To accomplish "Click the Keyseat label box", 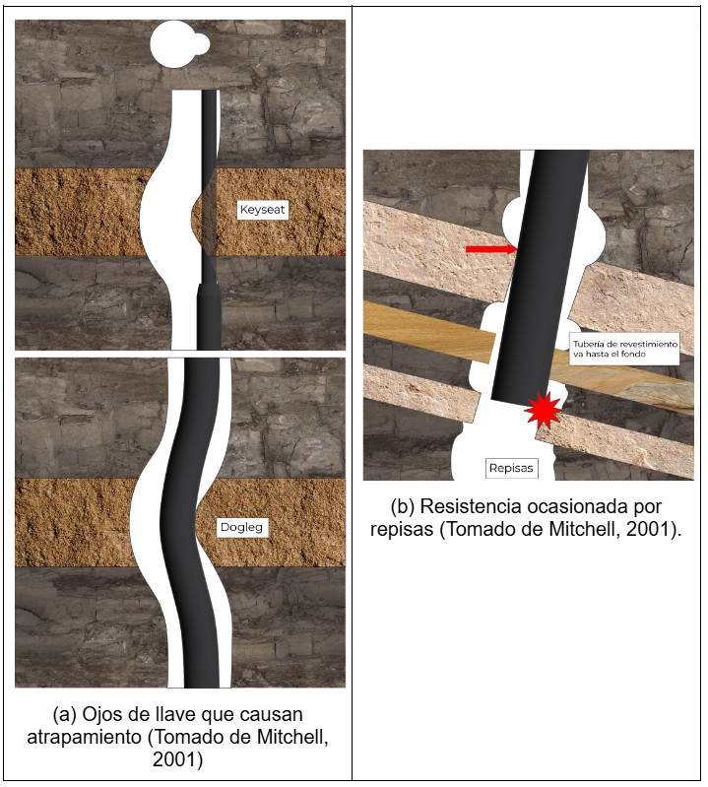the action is point(263,209).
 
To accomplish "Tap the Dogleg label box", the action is point(242,528).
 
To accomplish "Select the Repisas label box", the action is point(511,468).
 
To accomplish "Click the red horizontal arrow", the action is point(490,249).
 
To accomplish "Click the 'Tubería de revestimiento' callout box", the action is point(624,349).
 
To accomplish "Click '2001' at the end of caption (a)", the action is point(174,759).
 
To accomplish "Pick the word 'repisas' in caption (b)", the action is point(402,529).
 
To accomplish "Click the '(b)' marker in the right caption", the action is point(403,507).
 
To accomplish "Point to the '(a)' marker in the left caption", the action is point(65,715).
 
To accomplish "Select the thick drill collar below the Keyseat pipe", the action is point(208,317).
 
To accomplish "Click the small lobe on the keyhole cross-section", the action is point(202,44).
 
